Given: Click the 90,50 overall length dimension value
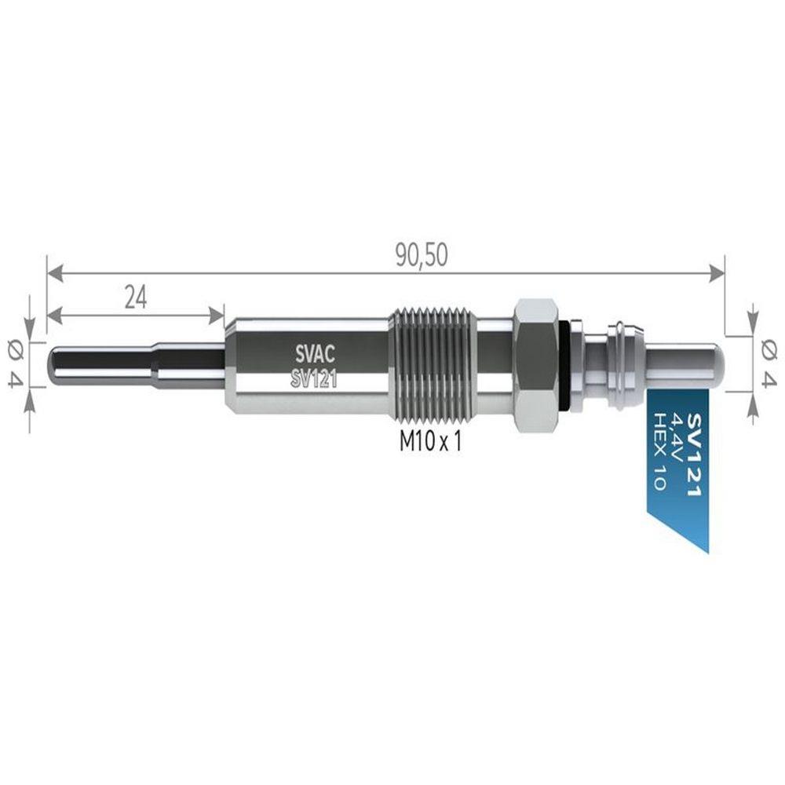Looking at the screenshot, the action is [x=422, y=256].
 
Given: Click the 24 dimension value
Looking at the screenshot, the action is [x=136, y=299].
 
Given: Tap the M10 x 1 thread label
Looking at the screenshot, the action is [x=430, y=441].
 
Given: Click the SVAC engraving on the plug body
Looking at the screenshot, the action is [x=315, y=355].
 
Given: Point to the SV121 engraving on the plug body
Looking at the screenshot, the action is [x=314, y=380].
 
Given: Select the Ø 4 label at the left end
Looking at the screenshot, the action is [x=16, y=363].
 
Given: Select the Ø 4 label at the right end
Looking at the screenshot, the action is [x=769, y=363].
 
